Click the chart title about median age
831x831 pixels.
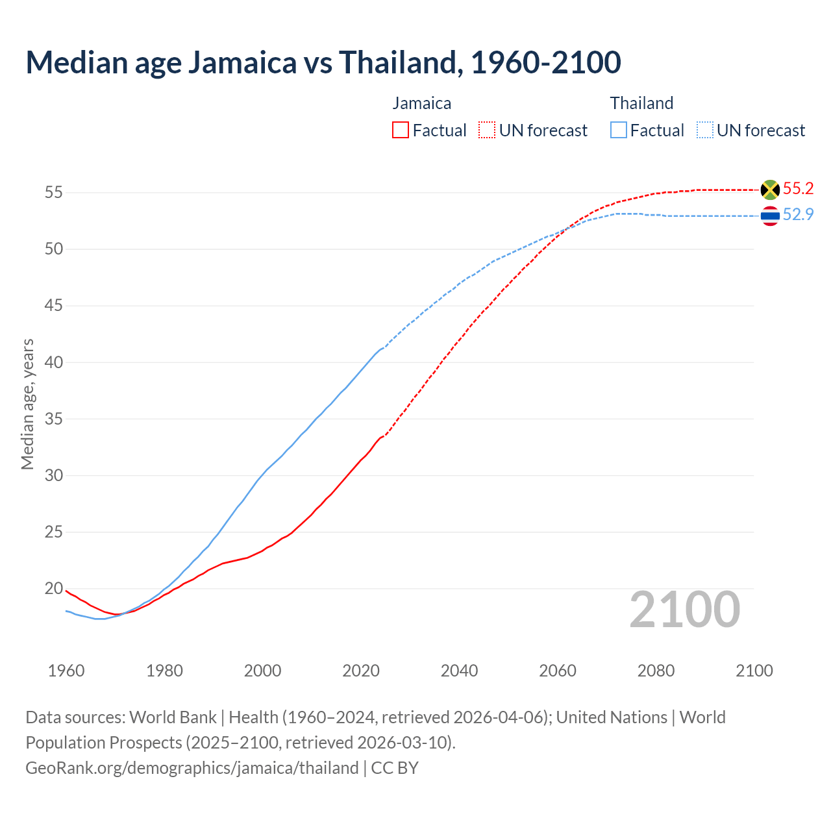tap(323, 62)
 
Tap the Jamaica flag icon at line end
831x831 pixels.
tap(770, 190)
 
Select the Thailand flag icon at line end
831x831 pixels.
tap(770, 216)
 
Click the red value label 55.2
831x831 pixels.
tap(798, 189)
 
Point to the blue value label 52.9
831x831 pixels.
tap(798, 215)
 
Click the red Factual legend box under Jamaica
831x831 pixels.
tap(401, 130)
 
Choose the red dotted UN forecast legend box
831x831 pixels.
tap(487, 130)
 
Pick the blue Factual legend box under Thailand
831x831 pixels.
tap(619, 130)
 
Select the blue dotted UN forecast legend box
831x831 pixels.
tap(705, 130)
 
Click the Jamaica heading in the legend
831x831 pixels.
tap(421, 103)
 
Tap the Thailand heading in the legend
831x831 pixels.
tap(641, 103)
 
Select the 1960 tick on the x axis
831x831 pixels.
tap(66, 671)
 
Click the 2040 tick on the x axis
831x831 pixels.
tap(459, 671)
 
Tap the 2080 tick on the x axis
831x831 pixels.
tap(656, 671)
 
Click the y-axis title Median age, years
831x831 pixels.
tap(27, 404)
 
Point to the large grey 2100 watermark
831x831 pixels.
tap(684, 610)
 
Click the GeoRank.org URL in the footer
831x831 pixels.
tap(192, 768)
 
